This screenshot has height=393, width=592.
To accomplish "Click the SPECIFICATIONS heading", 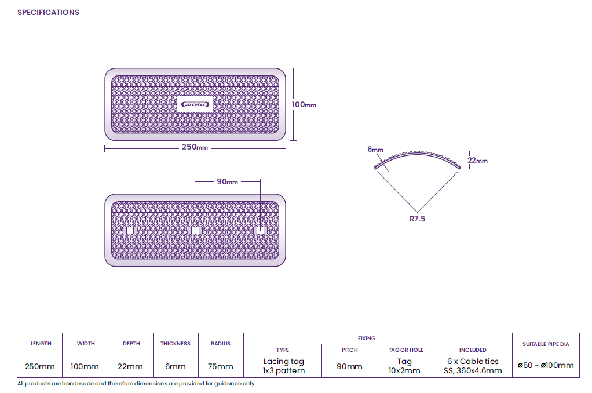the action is (48, 13).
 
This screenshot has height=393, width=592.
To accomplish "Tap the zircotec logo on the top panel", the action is (195, 105).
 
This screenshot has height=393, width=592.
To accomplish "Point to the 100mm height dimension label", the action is (304, 105).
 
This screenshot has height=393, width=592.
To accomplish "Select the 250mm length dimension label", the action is (195, 147).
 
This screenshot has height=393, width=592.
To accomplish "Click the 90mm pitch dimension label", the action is (227, 182).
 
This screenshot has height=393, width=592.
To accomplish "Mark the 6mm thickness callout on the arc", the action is (375, 150).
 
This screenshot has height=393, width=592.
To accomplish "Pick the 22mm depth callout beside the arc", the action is (478, 160).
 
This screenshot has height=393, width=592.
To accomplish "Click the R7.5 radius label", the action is (417, 219).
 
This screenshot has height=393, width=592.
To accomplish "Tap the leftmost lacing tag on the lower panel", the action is (130, 230).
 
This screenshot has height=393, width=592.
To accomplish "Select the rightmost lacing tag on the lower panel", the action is (260, 230).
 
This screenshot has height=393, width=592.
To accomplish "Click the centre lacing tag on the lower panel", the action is (195, 230).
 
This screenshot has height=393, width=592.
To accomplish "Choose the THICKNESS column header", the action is (175, 344).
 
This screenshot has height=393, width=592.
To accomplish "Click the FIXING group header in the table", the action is (367, 338).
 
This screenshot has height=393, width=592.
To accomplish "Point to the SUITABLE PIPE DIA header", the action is (546, 344).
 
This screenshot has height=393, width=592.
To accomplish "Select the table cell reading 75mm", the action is (221, 366).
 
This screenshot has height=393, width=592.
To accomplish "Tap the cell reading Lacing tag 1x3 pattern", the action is (283, 366).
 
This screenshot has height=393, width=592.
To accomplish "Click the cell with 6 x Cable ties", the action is (473, 366).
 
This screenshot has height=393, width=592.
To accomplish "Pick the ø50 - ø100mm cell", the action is (546, 365).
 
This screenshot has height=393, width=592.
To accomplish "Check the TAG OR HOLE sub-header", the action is (406, 350).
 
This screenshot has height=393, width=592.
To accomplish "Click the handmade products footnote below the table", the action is (136, 384).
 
